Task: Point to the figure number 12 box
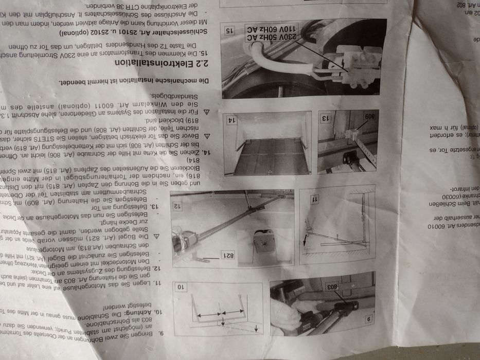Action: (x=177, y=207)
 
